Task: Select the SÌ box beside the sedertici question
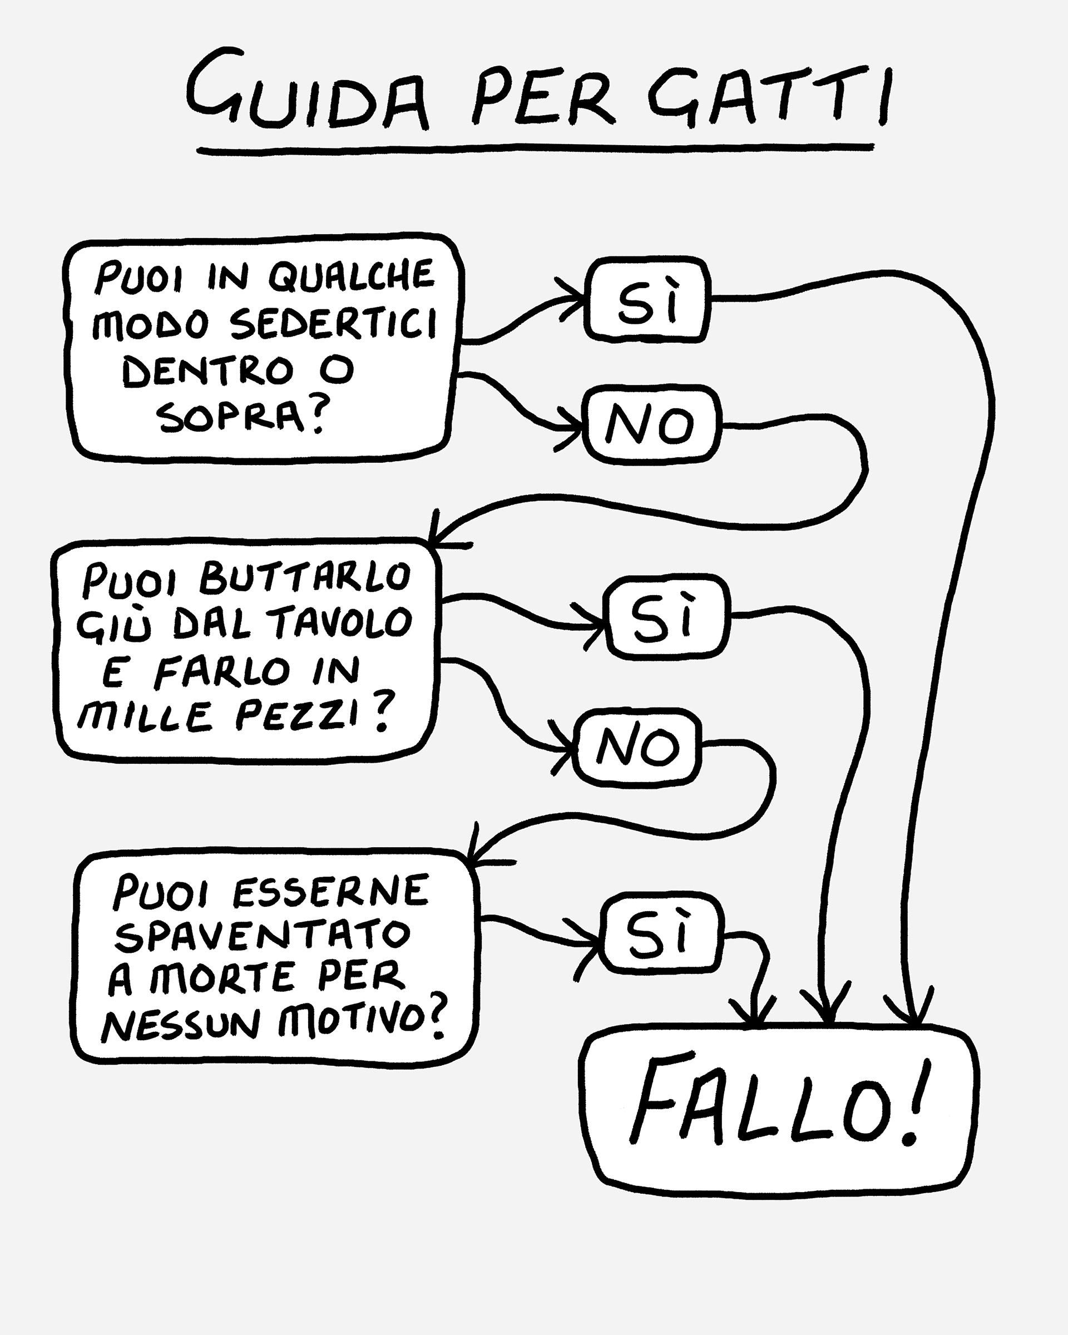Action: pos(647,300)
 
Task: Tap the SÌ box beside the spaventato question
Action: pos(661,933)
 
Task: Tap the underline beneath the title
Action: pos(536,149)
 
